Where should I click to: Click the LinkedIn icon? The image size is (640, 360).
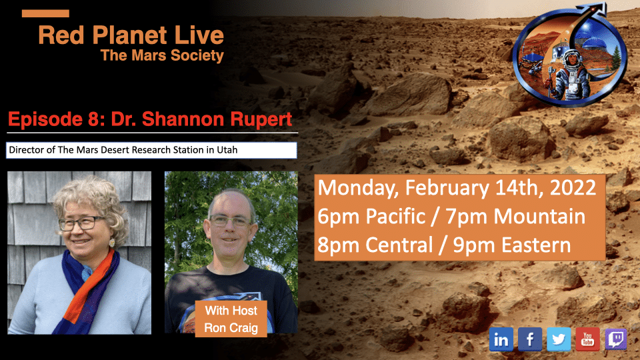point(501,339)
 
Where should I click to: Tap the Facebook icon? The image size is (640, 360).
point(530,339)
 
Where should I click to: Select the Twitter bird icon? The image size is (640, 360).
point(559,339)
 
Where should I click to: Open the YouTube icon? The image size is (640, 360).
point(587,339)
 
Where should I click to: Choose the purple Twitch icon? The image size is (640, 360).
point(616,339)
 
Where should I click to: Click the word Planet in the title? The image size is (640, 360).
point(131,35)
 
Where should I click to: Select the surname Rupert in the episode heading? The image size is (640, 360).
point(261,119)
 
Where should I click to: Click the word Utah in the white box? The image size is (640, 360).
point(227,150)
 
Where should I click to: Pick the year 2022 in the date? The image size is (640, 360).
point(573,187)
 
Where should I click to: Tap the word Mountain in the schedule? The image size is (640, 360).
point(539,216)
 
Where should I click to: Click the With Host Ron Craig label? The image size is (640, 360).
point(231,319)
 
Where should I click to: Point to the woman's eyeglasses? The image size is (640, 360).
point(81,223)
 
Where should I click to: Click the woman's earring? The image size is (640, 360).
point(111,243)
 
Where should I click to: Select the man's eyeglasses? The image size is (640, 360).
point(230,221)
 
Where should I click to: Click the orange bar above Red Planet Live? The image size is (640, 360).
point(45,13)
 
